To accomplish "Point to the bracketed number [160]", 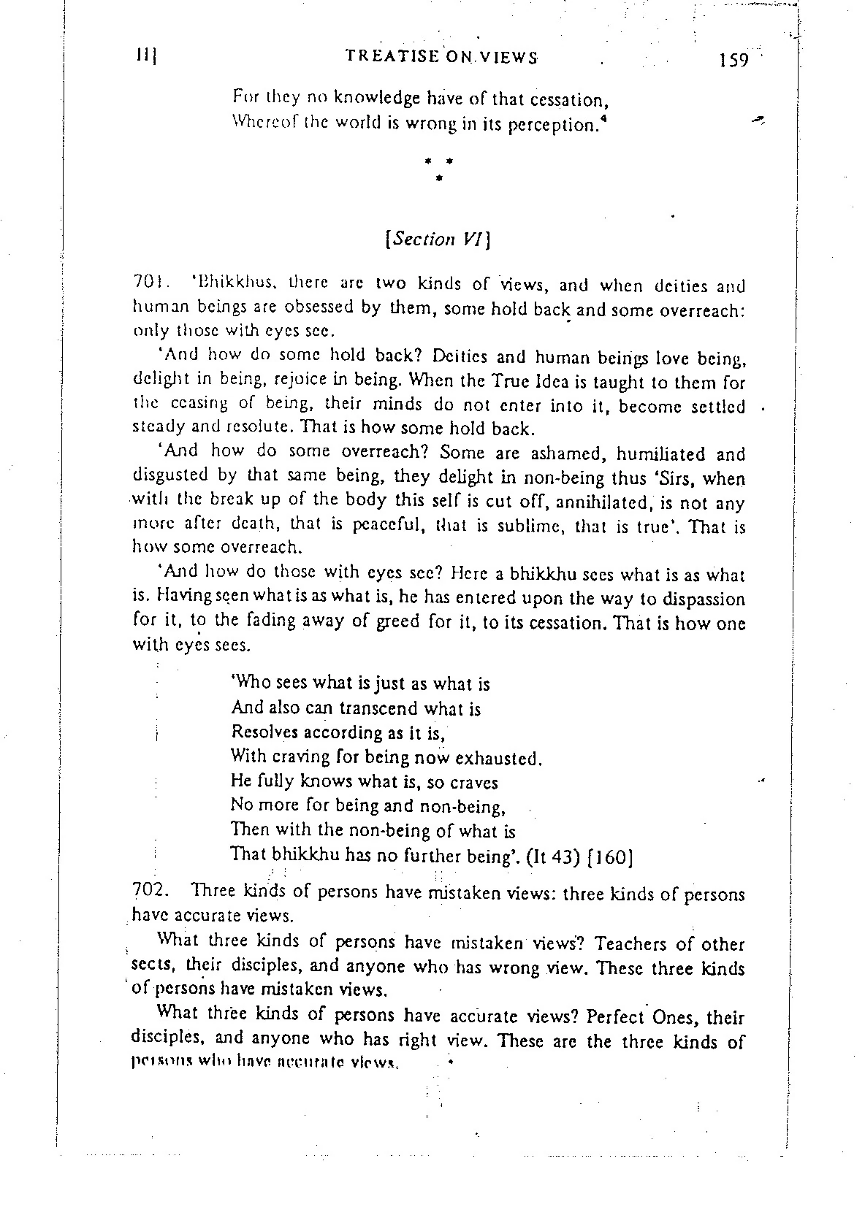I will point(611,856).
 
